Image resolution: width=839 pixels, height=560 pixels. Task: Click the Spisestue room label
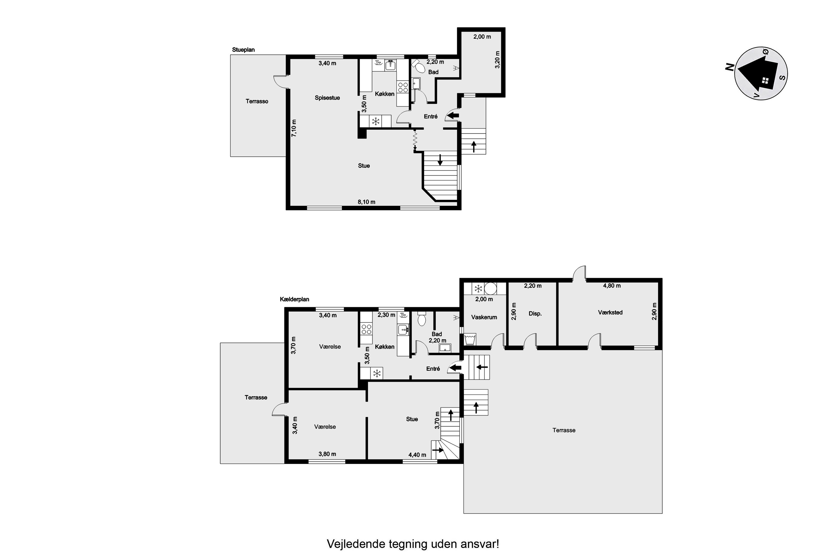[327, 98]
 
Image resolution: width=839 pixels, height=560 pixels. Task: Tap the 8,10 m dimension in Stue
[366, 202]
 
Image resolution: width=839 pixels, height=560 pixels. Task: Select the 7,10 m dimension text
[294, 128]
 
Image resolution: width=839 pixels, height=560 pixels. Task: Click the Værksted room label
[610, 312]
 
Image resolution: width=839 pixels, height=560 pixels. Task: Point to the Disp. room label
[535, 314]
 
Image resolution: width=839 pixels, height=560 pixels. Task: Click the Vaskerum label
[484, 317]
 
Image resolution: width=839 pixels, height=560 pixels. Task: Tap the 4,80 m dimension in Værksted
[612, 286]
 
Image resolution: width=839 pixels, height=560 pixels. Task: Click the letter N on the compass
[729, 67]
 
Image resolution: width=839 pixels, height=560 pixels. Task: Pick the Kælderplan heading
[294, 299]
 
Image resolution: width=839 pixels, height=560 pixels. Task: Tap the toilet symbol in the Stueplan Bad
[418, 66]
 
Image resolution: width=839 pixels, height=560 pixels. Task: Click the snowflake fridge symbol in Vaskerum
[478, 288]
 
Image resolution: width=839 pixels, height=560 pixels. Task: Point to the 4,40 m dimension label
[417, 455]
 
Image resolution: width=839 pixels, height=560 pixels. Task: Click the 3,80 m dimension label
[327, 454]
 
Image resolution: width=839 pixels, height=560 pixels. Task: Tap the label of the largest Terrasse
[564, 430]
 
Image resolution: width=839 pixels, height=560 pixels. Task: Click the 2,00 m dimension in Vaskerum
[484, 299]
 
